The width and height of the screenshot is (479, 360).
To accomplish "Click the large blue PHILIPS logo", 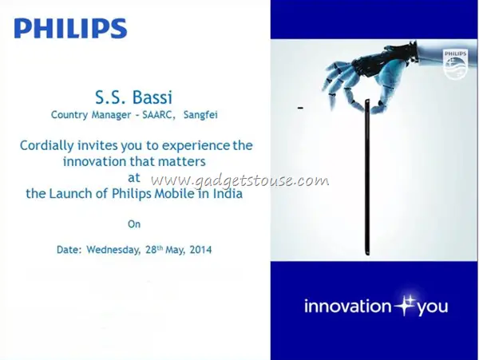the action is tap(70, 28).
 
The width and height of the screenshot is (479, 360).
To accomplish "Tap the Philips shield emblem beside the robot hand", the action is tap(455, 65).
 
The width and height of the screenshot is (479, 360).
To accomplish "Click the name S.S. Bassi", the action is tap(134, 97).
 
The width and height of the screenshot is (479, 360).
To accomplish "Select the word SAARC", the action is tap(157, 115).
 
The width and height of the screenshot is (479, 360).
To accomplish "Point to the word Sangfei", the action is tap(200, 115).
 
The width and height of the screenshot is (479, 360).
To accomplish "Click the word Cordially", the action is tap(47, 145).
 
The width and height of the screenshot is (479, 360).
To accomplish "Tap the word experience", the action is tap(196, 146).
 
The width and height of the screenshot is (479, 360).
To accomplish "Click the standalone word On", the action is tap(134, 224).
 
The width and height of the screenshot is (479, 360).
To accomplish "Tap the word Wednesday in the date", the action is tap(113, 250).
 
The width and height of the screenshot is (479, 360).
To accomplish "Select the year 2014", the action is tap(200, 250).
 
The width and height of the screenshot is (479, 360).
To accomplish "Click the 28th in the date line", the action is tap(154, 250).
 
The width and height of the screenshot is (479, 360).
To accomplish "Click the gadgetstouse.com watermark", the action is tap(240, 180).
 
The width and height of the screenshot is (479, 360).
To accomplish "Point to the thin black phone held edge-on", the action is tap(367, 177).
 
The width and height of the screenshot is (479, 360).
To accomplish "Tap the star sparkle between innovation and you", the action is tap(404, 306).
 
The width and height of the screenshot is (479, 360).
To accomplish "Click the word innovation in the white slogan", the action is tap(347, 307).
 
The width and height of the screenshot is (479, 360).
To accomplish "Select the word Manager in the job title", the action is tap(112, 115).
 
